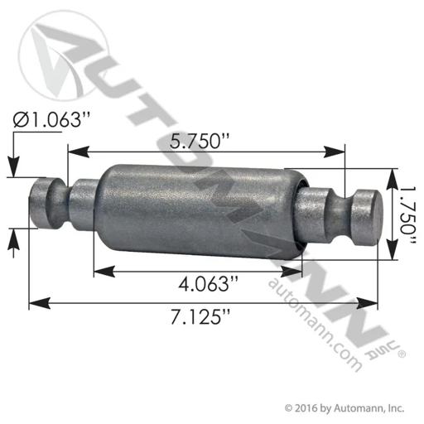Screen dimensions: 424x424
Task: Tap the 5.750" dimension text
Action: (x=200, y=141)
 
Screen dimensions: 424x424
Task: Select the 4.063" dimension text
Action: (x=208, y=284)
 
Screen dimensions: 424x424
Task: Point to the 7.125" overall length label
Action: (x=200, y=316)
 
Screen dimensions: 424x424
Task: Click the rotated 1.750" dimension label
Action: (x=407, y=214)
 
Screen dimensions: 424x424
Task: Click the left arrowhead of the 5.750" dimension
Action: (x=79, y=152)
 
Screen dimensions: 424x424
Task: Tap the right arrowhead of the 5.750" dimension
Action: (x=335, y=152)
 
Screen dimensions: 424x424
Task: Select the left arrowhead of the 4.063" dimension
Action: (x=104, y=272)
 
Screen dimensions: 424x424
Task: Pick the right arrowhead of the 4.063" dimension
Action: (x=291, y=272)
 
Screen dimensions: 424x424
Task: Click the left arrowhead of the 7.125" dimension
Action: (x=40, y=303)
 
